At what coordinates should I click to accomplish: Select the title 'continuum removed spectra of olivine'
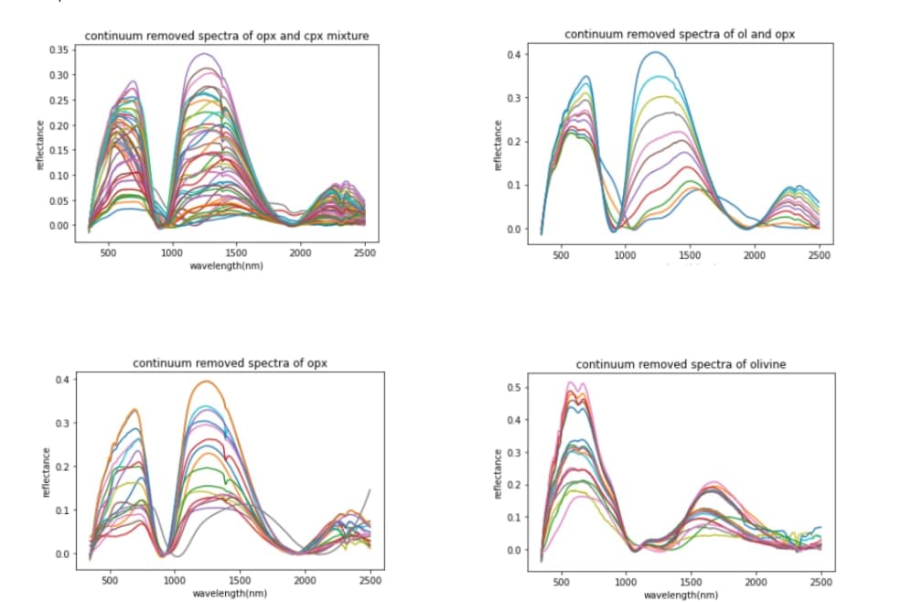click(681, 364)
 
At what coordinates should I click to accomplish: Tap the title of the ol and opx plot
click(680, 35)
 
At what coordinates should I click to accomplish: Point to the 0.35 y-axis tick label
click(59, 49)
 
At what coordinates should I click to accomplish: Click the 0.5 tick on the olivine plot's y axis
click(516, 388)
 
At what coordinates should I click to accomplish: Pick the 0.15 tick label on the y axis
click(59, 150)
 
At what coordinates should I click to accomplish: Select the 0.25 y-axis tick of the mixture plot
click(59, 100)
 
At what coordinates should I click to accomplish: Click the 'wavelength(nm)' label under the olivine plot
click(680, 595)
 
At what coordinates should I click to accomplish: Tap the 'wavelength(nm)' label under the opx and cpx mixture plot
click(226, 265)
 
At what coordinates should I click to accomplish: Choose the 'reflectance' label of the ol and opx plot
click(499, 144)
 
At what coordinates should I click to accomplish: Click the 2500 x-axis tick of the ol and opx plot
click(819, 256)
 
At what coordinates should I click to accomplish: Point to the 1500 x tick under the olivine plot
click(691, 582)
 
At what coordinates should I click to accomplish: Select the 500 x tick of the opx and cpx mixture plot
click(107, 253)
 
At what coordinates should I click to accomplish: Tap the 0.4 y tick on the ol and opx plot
click(516, 55)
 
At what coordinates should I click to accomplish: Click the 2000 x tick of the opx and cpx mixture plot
click(300, 253)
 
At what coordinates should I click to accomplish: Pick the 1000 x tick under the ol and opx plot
click(625, 256)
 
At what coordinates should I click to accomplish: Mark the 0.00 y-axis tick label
click(59, 225)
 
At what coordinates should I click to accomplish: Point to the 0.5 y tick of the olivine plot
click(516, 388)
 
